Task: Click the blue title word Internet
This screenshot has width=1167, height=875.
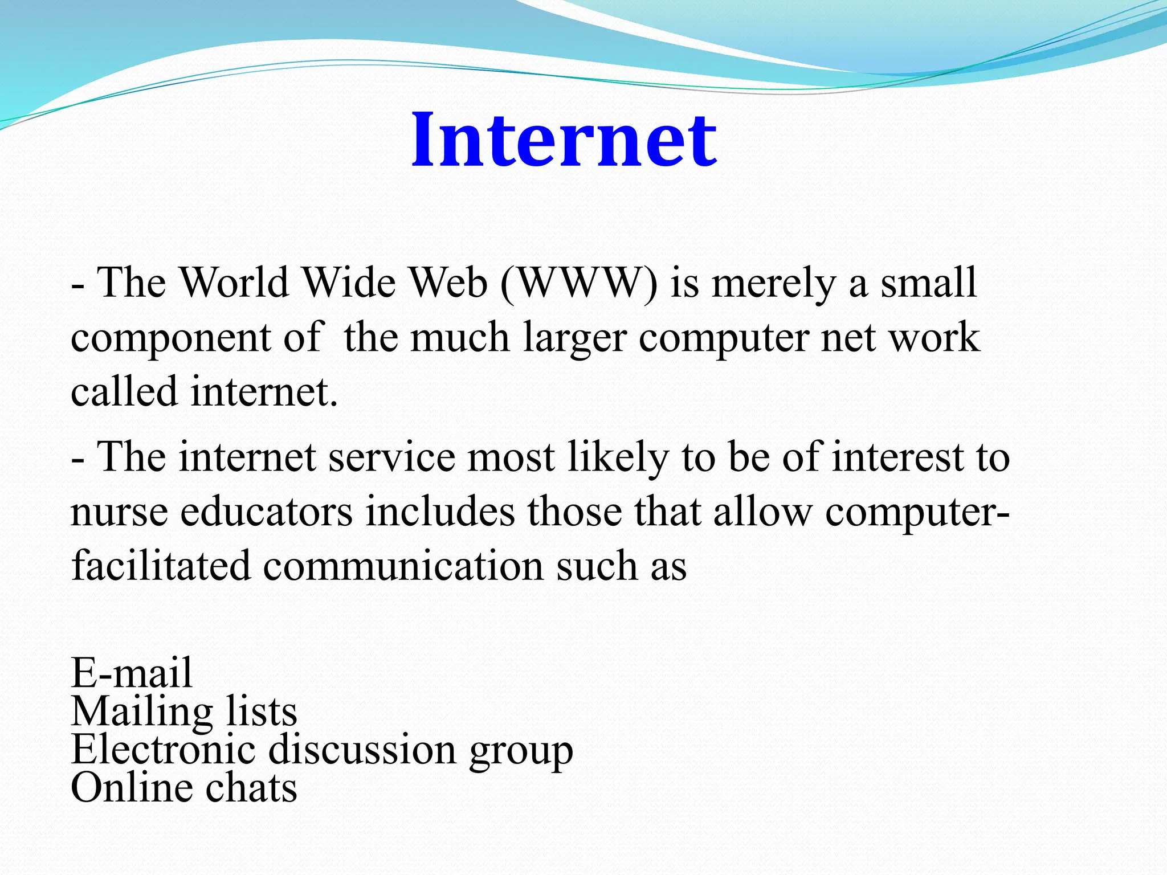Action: (x=564, y=140)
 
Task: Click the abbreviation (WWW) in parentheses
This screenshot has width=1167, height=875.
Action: (x=578, y=283)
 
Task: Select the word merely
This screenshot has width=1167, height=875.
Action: (x=773, y=284)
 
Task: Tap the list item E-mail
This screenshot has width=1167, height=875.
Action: (x=132, y=673)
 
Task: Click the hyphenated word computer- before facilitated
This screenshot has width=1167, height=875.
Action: (x=917, y=513)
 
